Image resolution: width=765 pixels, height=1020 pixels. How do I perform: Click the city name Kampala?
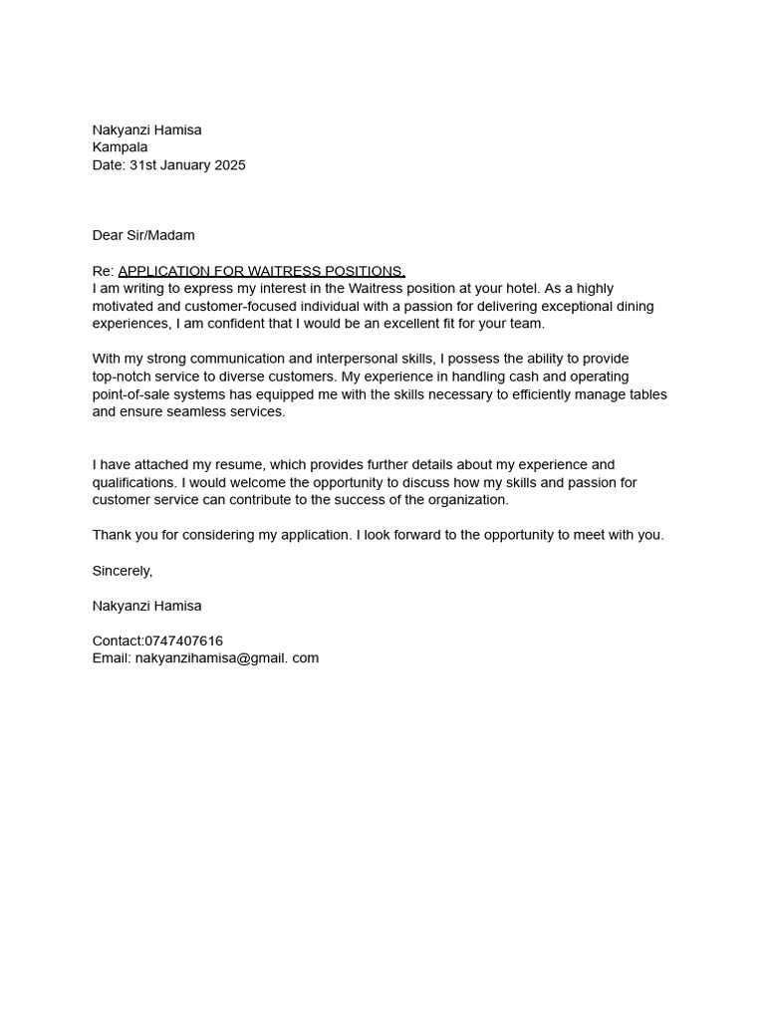click(x=120, y=147)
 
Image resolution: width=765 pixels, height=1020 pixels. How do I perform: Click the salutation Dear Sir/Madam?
click(x=143, y=235)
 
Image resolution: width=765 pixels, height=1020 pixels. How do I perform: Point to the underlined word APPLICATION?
click(x=163, y=271)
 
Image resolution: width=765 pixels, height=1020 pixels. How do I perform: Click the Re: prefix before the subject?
click(x=104, y=271)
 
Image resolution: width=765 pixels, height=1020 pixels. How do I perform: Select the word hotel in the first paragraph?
click(x=518, y=289)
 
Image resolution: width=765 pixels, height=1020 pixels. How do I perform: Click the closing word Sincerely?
click(x=122, y=571)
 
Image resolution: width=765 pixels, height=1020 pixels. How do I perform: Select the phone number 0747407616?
click(x=183, y=640)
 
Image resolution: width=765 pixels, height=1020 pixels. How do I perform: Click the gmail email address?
click(x=226, y=658)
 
